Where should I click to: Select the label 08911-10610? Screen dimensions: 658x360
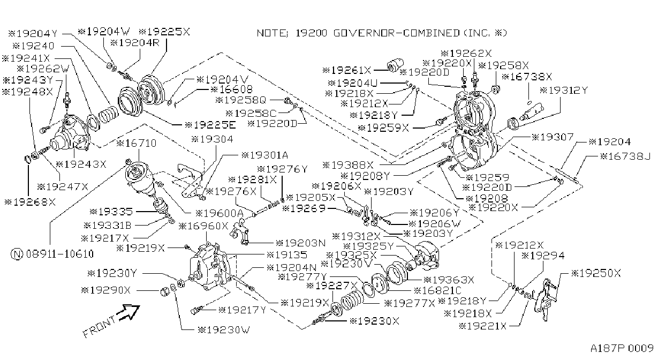(59, 253)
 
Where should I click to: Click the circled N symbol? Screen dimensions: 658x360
(17, 254)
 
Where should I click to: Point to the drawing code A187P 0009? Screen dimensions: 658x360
(622, 348)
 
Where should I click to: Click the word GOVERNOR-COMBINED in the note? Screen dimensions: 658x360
(396, 33)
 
